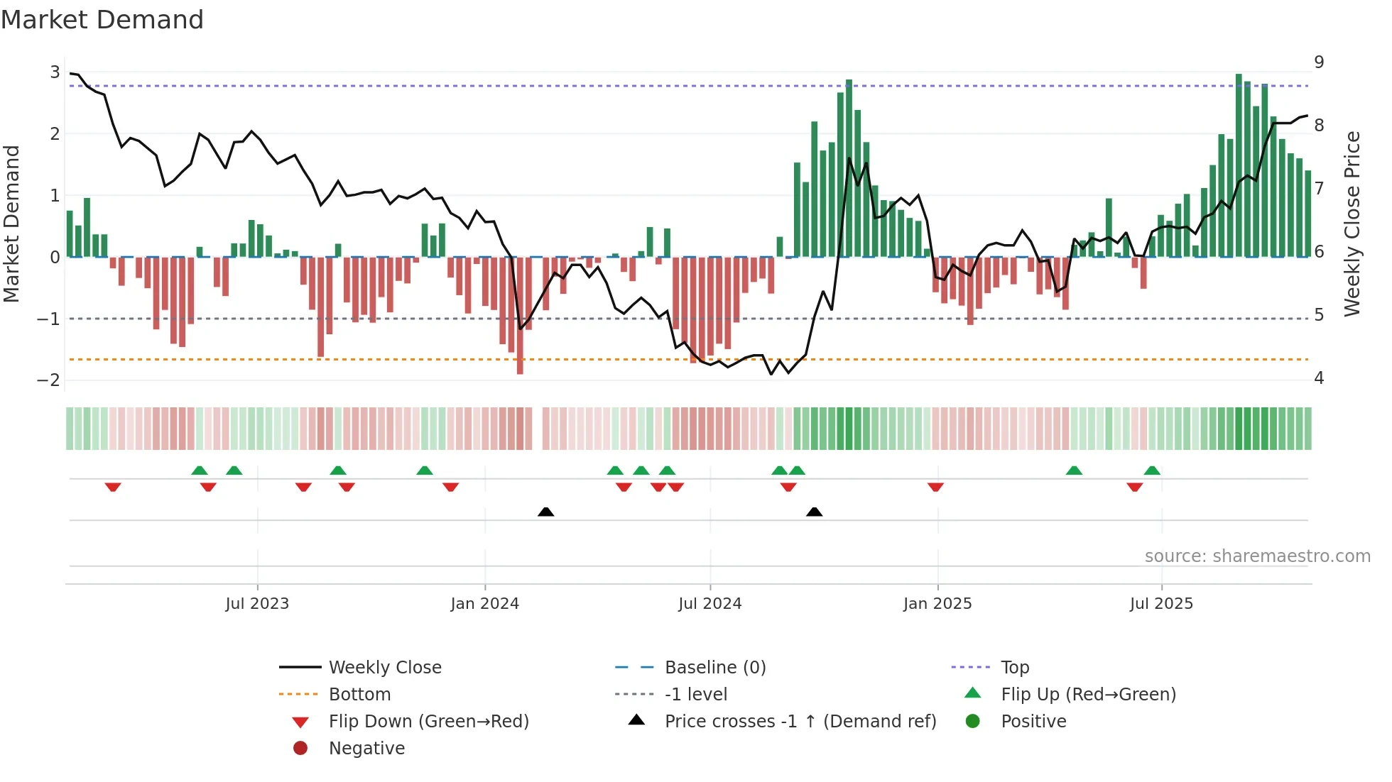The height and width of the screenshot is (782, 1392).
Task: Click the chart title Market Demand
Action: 102,20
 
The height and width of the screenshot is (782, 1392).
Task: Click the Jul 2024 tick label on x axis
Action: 709,604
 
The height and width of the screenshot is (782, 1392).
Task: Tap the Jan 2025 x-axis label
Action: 937,604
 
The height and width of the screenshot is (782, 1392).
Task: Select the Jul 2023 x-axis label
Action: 257,604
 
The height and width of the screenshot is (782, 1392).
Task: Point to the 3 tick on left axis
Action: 55,72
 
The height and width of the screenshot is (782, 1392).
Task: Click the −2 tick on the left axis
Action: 48,380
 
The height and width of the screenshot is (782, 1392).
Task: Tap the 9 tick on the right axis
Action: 1319,62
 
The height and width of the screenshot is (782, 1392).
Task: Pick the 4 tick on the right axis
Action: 1319,378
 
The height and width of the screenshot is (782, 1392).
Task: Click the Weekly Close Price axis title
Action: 1352,224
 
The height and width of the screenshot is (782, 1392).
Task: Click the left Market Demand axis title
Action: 12,224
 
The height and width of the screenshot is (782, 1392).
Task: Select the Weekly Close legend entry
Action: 384,668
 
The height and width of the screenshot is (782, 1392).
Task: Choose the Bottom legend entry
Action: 359,695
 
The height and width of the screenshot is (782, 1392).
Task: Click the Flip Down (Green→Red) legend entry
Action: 428,722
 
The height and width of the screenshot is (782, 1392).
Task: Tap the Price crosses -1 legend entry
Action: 800,722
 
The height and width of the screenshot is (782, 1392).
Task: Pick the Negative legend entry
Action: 366,749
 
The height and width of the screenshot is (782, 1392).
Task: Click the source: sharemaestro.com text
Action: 1257,556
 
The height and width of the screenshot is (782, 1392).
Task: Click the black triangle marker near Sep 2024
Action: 815,512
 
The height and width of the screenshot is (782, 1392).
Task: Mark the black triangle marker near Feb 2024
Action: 545,512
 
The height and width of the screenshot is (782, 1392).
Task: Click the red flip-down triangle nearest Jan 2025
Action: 935,487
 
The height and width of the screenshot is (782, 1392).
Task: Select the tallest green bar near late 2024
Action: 849,168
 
